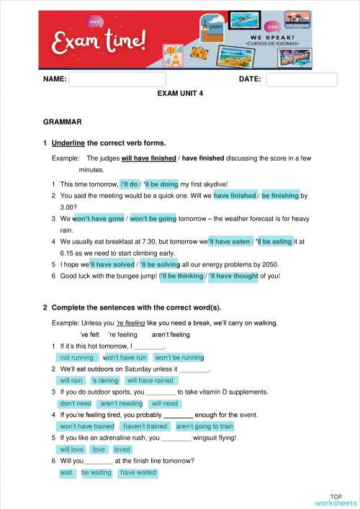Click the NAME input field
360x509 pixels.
coord(117,79)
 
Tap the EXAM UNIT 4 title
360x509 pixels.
coord(180,94)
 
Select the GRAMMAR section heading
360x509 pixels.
coord(63,122)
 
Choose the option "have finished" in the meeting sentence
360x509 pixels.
coord(235,195)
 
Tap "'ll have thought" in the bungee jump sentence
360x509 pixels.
coord(233,276)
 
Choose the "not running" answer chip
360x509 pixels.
coord(76,357)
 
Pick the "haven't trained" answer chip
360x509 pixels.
coord(145,426)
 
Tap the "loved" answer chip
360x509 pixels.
coord(122,449)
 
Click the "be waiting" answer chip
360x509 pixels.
coord(96,472)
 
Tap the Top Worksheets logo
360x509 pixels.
coord(336,499)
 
